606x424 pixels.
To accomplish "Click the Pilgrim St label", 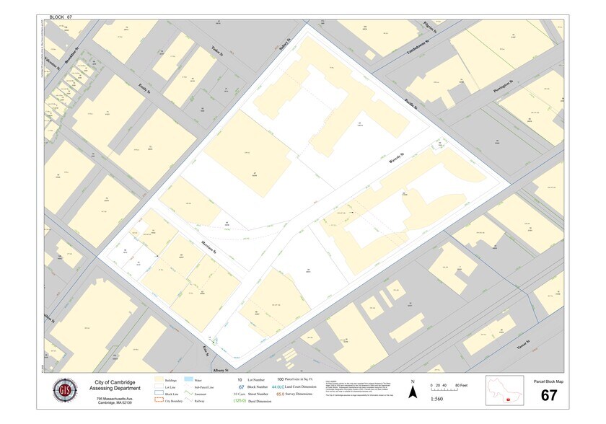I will click(452, 27).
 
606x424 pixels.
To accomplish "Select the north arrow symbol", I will click(412, 391).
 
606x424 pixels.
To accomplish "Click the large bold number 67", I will click(549, 394).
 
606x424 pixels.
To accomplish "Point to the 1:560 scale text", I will click(437, 398).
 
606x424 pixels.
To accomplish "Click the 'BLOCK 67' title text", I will click(61, 15).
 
